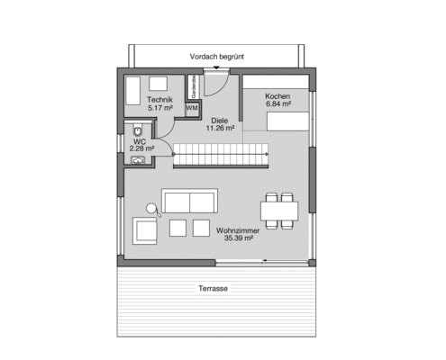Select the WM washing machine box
pos(192,108)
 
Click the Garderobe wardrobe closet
pos(193,88)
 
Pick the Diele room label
pos(219,120)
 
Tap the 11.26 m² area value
pos(219,128)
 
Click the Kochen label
pos(278,95)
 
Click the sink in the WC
pos(137,160)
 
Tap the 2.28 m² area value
pos(140,149)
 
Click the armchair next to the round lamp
pos(144,230)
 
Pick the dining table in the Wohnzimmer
pos(279,209)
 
